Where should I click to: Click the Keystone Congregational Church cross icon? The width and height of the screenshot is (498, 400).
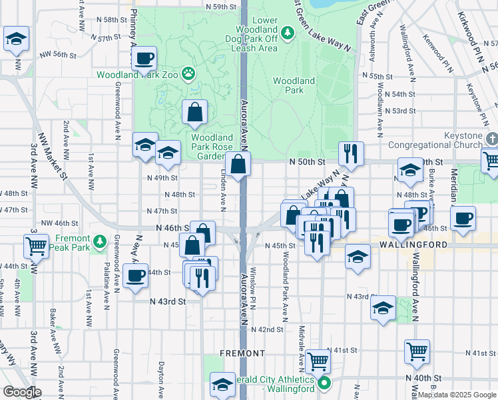tap(491, 139)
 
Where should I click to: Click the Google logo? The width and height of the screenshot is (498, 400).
tap(22, 392)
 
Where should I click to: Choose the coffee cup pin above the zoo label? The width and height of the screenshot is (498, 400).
tap(144, 59)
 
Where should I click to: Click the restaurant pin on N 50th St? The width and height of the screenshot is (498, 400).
tap(350, 154)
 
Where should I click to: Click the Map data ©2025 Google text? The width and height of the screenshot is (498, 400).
tap(457, 395)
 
